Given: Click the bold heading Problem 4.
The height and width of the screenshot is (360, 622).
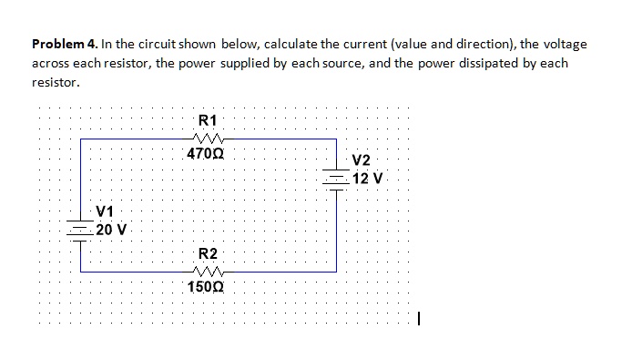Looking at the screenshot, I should [66, 44].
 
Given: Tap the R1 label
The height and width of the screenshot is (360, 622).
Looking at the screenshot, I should [208, 119].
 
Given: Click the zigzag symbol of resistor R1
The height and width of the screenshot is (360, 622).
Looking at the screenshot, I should [208, 139].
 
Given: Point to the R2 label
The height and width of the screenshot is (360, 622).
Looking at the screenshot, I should [208, 252].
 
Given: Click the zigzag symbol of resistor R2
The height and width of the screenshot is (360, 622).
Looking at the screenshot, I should [208, 271].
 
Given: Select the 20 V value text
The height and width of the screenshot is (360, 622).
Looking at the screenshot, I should [112, 228].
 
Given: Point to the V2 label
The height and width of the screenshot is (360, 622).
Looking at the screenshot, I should [361, 162].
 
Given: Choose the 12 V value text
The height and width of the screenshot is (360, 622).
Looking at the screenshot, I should [368, 178].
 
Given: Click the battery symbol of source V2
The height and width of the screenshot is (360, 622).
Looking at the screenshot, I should [338, 178].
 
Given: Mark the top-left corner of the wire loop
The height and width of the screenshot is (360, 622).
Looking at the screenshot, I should [81, 139].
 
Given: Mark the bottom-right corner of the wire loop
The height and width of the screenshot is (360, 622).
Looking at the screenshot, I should [338, 271].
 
